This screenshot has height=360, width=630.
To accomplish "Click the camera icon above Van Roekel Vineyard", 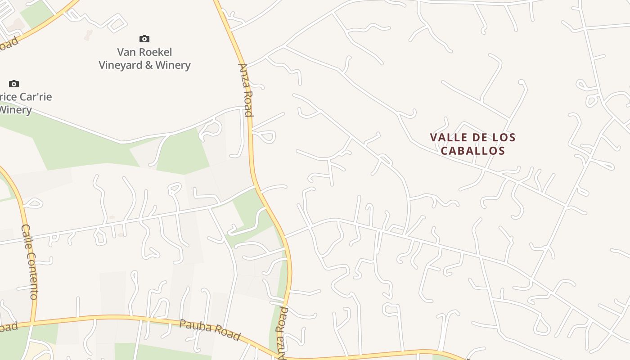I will pos(144,39).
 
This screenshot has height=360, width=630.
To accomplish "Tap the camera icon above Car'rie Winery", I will pos(14,84).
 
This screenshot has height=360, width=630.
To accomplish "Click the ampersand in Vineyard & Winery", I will pos(149,65).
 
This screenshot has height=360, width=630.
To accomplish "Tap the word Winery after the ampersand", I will pos(173,65).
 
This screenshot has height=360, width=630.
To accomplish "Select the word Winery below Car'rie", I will pos(15,110).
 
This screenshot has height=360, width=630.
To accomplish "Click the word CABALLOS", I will pos(473,151).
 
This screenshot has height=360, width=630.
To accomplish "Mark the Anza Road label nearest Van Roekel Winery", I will pos(246,90).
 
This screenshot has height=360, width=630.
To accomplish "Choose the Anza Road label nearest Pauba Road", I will pos(282,333).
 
